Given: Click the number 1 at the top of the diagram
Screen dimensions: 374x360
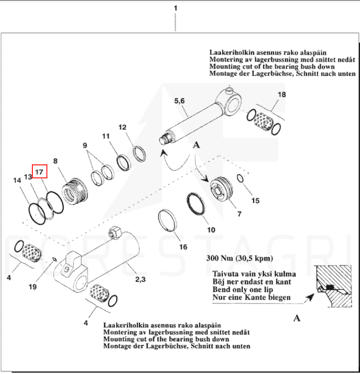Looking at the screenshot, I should tap(176, 8).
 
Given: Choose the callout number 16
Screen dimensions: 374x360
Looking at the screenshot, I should tap(182, 246).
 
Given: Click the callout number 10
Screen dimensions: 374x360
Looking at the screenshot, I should tap(211, 229).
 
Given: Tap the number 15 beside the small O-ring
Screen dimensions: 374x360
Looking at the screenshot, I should tap(255, 200).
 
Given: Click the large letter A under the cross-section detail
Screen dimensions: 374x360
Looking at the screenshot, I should tap(296, 319).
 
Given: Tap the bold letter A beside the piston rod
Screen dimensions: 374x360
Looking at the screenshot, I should tap(197, 145).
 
